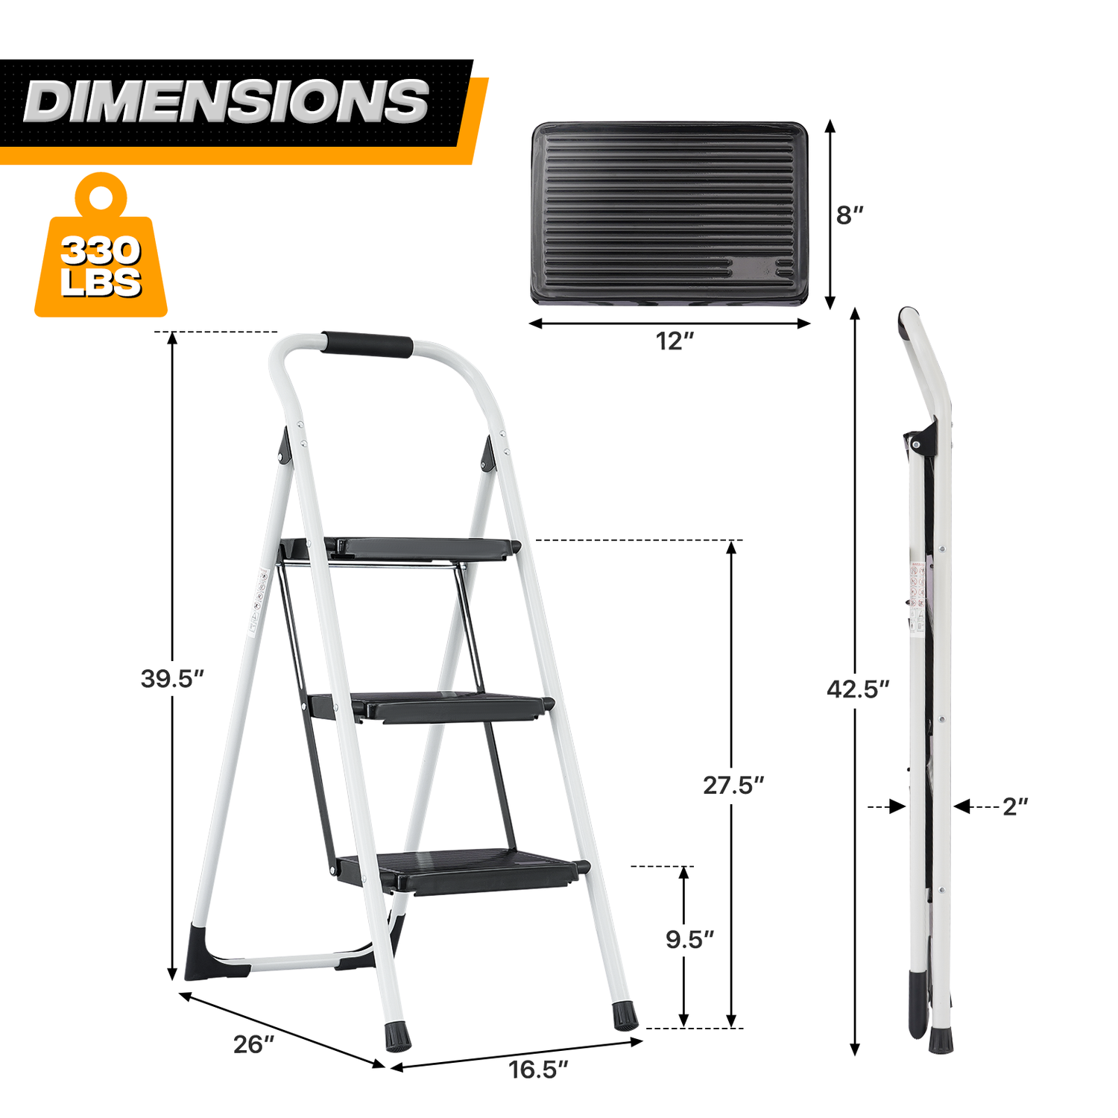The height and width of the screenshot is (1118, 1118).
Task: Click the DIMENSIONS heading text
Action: [x=227, y=101]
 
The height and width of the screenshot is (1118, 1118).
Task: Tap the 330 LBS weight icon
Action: [x=101, y=246]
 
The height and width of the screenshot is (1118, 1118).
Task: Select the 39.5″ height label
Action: [x=172, y=679]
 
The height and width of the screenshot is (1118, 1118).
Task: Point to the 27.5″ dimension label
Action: [x=734, y=785]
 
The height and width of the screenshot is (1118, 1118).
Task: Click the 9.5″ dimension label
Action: [x=690, y=940]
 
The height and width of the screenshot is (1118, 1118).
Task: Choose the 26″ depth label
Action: [x=254, y=1044]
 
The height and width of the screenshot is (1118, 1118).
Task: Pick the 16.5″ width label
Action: [x=538, y=1070]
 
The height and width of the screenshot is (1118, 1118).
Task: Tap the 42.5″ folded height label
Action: [x=858, y=689]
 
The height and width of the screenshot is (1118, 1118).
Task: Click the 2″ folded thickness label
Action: [x=1015, y=806]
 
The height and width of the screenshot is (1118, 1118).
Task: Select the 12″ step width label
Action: [x=675, y=341]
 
